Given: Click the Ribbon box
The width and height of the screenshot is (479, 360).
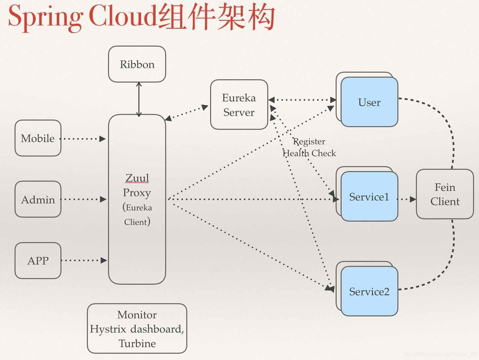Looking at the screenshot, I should point(137,64).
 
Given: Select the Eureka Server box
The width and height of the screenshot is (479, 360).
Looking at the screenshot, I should point(239,105).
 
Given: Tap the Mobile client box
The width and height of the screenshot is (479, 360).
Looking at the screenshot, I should point(38,138).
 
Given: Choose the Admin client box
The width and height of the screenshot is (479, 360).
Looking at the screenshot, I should point(38,199).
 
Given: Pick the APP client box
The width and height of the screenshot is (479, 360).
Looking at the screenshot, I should point(38,260).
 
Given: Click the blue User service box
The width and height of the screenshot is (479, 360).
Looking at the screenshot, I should point(369,102).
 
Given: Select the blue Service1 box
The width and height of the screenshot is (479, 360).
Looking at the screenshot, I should point(369,196).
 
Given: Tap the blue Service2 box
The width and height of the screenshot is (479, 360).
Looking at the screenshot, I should point(369,291).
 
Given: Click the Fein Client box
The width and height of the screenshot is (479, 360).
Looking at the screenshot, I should point(445,194).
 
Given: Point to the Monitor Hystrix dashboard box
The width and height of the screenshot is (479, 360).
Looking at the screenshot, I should point(137,329).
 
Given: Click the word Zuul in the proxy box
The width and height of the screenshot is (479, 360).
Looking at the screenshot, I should point(137,178).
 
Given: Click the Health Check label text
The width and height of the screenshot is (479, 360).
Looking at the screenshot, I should point(309,153).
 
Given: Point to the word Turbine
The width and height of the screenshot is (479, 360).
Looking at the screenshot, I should point(137,344).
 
